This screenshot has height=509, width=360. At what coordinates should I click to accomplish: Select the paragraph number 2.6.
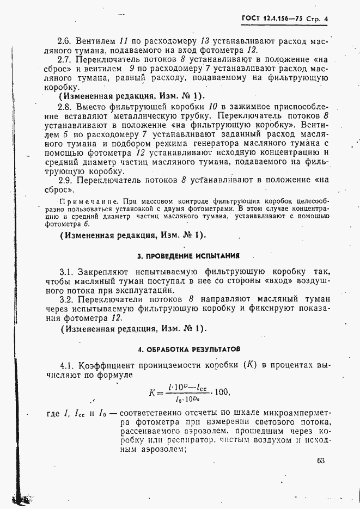coord(66,41)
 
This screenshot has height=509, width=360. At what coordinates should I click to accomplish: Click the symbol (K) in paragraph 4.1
coord(252,365)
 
